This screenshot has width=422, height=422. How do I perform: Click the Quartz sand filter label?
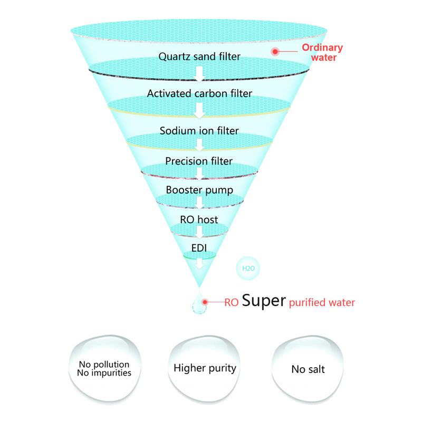199,56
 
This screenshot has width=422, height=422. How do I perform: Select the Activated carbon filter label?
199,94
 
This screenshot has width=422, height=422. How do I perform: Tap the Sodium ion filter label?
199,130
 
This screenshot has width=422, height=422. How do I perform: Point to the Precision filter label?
199,161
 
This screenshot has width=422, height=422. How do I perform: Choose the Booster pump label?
199,189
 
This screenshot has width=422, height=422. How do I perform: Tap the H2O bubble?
248,268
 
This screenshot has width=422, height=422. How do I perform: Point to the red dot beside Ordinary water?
275,51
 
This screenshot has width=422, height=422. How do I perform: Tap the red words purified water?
322,303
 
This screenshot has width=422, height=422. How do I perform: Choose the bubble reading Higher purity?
205,368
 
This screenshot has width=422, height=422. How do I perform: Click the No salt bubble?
308,369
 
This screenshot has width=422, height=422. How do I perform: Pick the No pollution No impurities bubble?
104,368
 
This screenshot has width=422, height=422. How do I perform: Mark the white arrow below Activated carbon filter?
199,111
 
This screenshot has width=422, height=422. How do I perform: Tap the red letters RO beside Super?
232,303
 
